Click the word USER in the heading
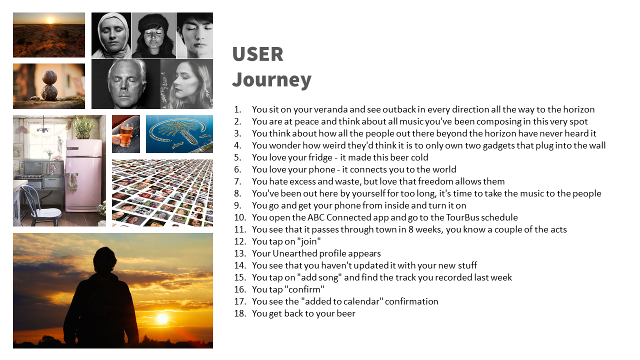pyautogui.click(x=257, y=54)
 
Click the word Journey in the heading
pyautogui.click(x=271, y=79)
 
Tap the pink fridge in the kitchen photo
pyautogui.click(x=84, y=175)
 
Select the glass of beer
pyautogui.click(x=126, y=134)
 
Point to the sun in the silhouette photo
pyautogui.click(x=162, y=318)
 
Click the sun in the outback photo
pyautogui.click(x=50, y=20)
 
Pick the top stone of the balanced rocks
pyautogui.click(x=49, y=77)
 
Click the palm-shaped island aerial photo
pyautogui.click(x=179, y=134)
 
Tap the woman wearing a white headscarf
pyautogui.click(x=111, y=35)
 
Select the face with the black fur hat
pyautogui.click(x=153, y=35)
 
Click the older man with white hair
pyautogui.click(x=126, y=84)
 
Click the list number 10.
pyautogui.click(x=240, y=217)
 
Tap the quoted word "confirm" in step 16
pyautogui.click(x=304, y=289)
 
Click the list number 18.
pyautogui.click(x=240, y=313)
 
